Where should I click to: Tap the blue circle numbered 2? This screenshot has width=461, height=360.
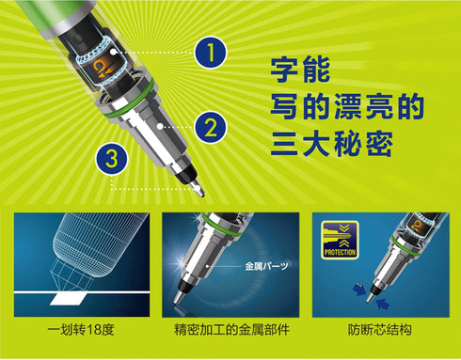(211, 125)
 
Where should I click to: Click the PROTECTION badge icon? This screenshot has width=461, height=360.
(340, 243)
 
